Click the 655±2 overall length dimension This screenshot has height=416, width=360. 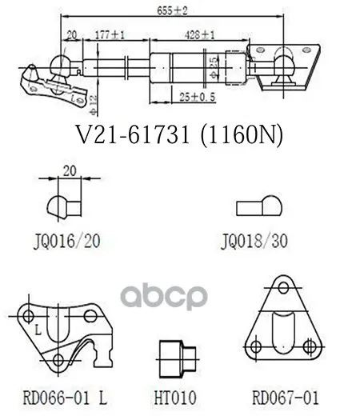[x=172, y=10]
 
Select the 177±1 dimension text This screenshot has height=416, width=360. [x=110, y=35]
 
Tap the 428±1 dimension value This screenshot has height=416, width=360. [x=200, y=35]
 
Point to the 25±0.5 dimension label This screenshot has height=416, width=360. [x=198, y=97]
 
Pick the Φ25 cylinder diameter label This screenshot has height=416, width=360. [x=214, y=68]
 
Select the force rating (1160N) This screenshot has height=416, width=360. [x=242, y=135]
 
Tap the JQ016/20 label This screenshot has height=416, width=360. [x=67, y=242]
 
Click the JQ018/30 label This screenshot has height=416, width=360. [x=254, y=242]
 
